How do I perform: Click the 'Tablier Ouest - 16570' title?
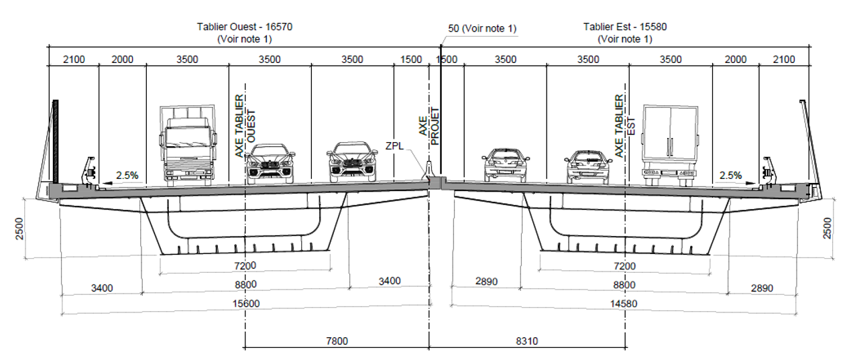[245, 27]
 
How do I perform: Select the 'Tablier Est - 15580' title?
[625, 27]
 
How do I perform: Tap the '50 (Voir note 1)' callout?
[482, 29]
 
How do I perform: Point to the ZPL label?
[394, 146]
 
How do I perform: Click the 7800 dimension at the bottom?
[337, 341]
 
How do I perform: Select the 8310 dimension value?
[527, 341]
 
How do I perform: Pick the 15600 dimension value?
[246, 304]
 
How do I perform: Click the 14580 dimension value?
[624, 304]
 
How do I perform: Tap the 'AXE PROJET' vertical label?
[429, 126]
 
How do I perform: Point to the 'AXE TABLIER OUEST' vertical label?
[245, 126]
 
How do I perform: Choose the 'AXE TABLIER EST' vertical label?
[624, 126]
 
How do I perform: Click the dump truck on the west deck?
[188, 145]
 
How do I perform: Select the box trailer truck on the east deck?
[670, 145]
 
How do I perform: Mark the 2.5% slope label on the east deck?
[730, 176]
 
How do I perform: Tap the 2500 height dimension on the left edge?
[19, 229]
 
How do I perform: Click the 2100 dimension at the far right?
[784, 60]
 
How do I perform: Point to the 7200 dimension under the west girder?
[245, 265]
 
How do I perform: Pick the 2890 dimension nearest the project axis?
[486, 282]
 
